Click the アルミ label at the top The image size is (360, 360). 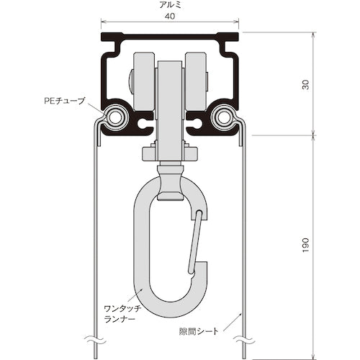(x=169, y=4)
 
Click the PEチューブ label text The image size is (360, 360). (x=66, y=102)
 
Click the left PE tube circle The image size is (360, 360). (x=114, y=116)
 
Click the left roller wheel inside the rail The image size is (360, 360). (x=144, y=83)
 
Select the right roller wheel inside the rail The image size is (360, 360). (x=195, y=83)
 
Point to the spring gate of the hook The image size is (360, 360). (x=194, y=241)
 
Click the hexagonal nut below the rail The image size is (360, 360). (x=169, y=153)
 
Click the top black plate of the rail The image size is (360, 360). (x=169, y=36)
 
